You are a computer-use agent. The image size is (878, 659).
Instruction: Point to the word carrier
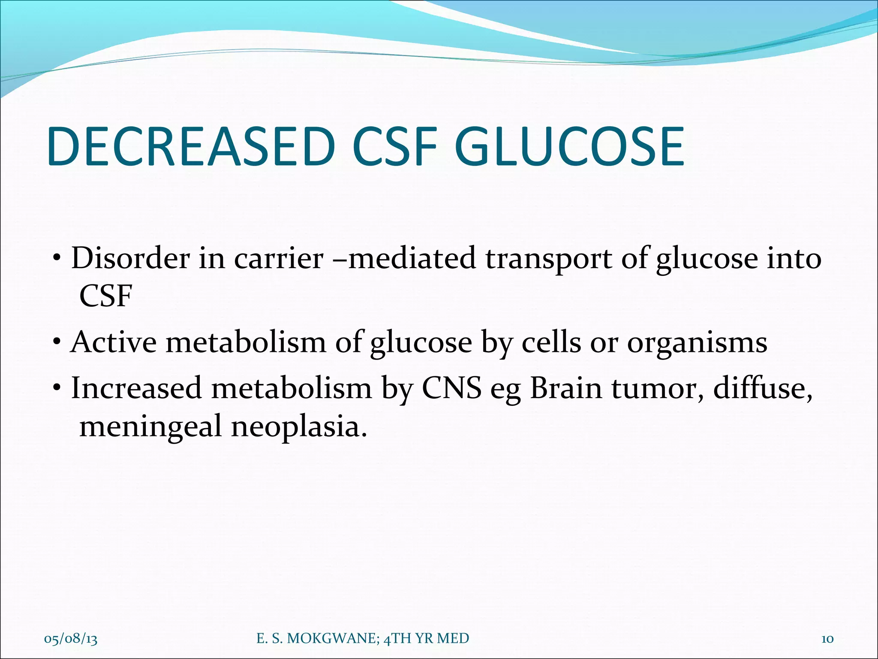pyautogui.click(x=278, y=259)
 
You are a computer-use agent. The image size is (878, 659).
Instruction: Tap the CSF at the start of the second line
pyautogui.click(x=105, y=296)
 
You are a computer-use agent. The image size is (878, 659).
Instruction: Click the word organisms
pyautogui.click(x=697, y=344)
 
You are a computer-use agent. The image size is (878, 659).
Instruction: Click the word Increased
pyautogui.click(x=136, y=388)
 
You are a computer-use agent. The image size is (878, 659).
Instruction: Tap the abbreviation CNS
pyautogui.click(x=451, y=388)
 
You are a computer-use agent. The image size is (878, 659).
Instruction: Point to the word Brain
pyautogui.click(x=566, y=388)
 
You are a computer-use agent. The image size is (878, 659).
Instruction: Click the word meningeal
pyautogui.click(x=150, y=427)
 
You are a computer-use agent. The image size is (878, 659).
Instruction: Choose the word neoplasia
pyautogui.click(x=299, y=427)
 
